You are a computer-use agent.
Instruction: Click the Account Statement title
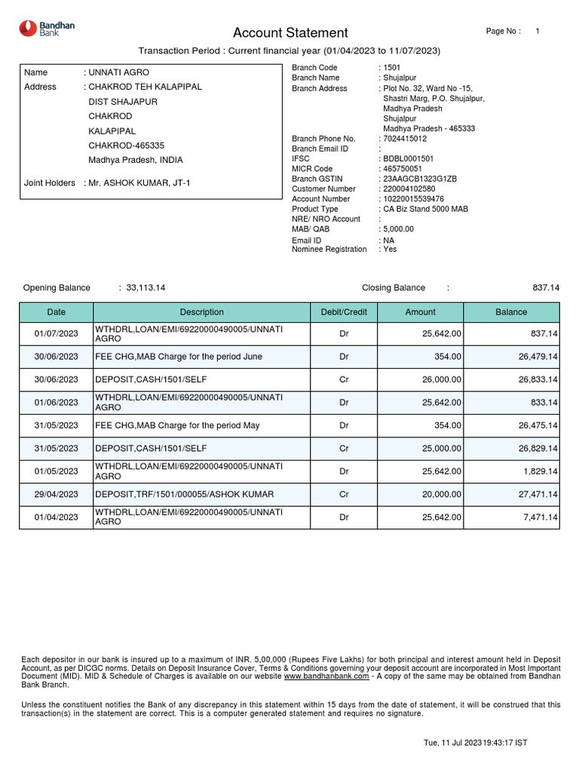tap(290, 32)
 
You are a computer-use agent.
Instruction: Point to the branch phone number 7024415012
tap(405, 139)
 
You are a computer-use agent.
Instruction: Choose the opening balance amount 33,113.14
tap(146, 288)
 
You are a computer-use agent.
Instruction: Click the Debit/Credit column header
tap(344, 312)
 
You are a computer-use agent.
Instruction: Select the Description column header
tap(201, 312)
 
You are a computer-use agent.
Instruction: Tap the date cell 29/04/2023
tap(57, 494)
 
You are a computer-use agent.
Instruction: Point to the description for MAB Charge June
tap(178, 357)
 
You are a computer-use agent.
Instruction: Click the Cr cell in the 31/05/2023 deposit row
tap(344, 448)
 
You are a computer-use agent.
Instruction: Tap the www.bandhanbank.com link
tap(326, 676)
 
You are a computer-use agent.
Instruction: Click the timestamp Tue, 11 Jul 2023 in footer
tap(475, 743)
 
